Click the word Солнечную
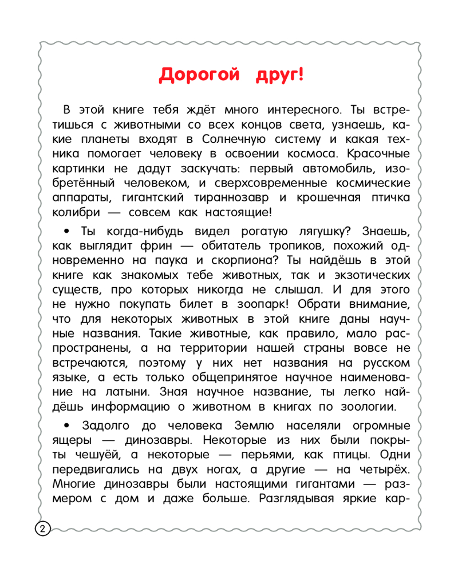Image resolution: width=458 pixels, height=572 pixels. (x=234, y=139)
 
